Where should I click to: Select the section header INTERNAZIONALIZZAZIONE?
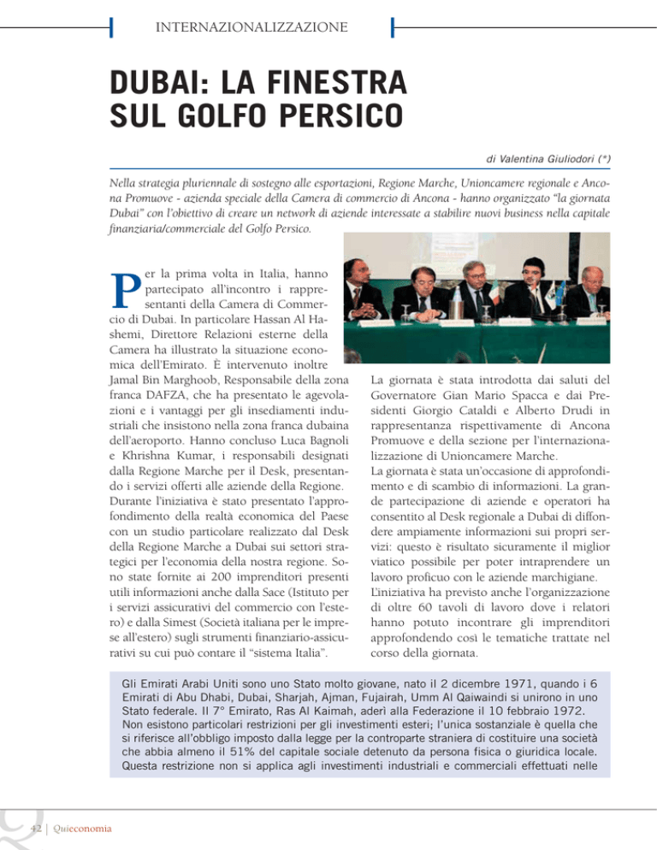[x=251, y=27]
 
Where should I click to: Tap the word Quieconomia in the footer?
[x=89, y=825]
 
